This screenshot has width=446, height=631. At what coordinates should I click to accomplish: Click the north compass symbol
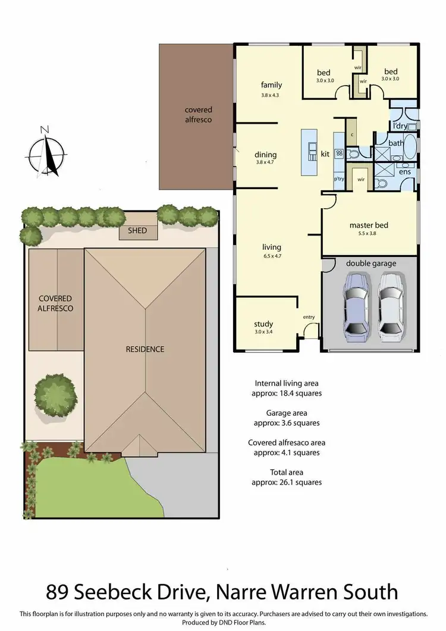[46, 153]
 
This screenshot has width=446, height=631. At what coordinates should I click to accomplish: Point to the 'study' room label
[263, 324]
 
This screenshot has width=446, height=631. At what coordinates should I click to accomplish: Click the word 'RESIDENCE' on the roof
[145, 349]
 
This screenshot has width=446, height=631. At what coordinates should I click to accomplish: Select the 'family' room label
[271, 85]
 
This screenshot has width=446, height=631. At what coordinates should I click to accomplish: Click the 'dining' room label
[266, 155]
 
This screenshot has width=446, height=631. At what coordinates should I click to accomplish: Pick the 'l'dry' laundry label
[400, 126]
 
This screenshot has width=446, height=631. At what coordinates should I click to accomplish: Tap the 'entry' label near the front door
[309, 317]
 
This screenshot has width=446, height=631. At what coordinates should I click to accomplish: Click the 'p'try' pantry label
[339, 178]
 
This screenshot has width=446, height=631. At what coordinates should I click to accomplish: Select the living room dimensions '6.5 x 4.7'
[271, 257]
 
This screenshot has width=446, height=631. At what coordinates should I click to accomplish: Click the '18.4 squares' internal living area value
[288, 393]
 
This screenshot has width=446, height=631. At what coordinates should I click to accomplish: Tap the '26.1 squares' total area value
[288, 482]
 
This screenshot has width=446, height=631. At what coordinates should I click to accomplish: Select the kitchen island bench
[309, 152]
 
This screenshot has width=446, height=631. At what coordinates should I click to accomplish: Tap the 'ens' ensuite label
[404, 171]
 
